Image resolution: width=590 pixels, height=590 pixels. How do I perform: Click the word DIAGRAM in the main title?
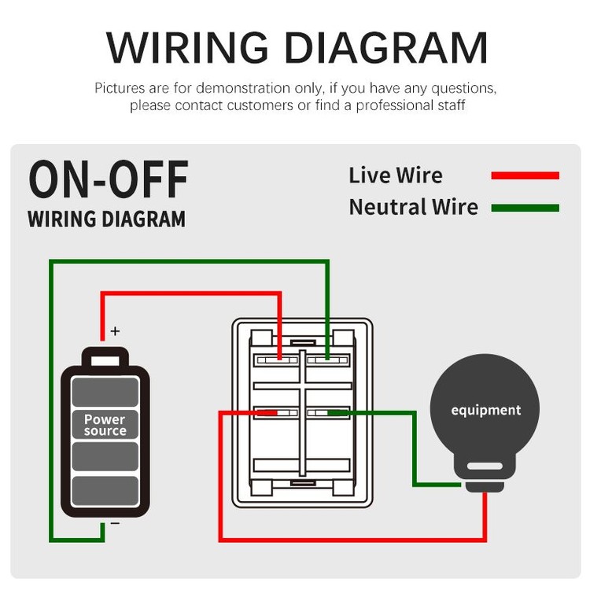pyautogui.click(x=386, y=48)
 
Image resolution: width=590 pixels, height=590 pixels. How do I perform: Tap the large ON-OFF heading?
pyautogui.click(x=109, y=179)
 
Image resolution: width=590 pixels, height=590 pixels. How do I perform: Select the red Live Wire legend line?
pyautogui.click(x=525, y=175)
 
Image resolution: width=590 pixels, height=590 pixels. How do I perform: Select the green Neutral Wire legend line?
pyautogui.click(x=525, y=208)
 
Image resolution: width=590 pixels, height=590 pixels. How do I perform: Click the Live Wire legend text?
pyautogui.click(x=396, y=175)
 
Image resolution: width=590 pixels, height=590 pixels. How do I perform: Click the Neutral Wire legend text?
pyautogui.click(x=413, y=207)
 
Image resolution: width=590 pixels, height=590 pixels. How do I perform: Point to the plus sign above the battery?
pyautogui.click(x=116, y=331)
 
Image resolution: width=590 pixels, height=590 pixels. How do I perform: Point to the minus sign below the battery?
pyautogui.click(x=115, y=523)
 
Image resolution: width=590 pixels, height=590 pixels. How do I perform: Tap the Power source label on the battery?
pyautogui.click(x=105, y=426)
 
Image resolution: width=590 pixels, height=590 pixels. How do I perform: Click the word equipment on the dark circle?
pyautogui.click(x=485, y=410)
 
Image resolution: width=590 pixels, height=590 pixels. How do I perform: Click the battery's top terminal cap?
pyautogui.click(x=105, y=359)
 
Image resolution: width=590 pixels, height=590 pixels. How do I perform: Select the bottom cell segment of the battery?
pyautogui.click(x=105, y=491)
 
